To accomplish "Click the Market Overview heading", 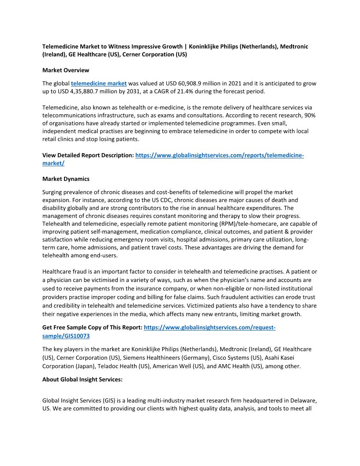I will [66, 70].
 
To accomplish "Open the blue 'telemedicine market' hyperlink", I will [99, 83].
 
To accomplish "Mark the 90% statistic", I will [308, 115].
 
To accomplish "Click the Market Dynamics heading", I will [66, 179].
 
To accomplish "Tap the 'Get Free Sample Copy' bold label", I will [92, 327].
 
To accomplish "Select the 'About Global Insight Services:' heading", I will [82, 379].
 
